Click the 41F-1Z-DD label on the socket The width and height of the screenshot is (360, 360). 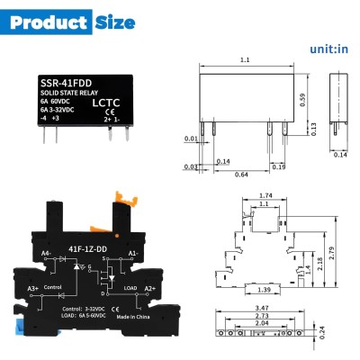[86, 243]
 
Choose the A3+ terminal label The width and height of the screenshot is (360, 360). [32, 288]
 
